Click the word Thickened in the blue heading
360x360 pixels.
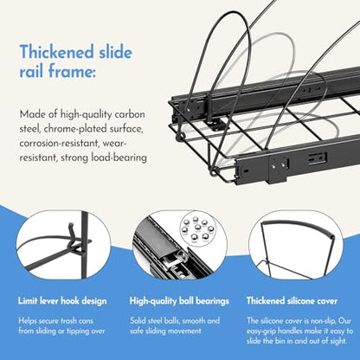57,52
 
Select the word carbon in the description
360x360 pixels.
130,114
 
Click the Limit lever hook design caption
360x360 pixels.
62,301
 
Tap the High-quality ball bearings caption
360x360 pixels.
179,301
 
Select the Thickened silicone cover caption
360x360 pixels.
292,301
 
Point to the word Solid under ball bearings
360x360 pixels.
138,320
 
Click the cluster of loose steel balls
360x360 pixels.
198,228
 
